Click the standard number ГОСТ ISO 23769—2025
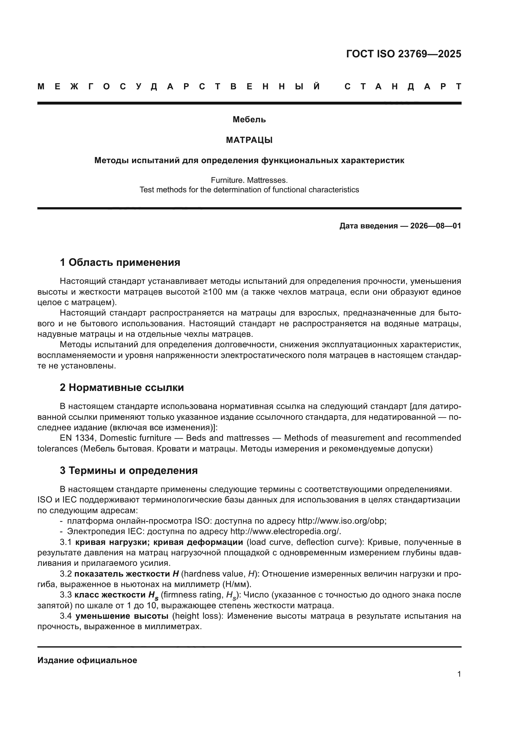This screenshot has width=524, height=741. click(x=403, y=54)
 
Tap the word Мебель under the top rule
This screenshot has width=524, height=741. click(x=249, y=120)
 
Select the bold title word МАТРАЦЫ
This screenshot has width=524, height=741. click(x=249, y=140)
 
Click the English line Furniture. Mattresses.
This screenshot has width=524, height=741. click(x=249, y=180)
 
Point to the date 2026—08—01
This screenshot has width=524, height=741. click(x=436, y=226)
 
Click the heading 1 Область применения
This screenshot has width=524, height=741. click(x=120, y=262)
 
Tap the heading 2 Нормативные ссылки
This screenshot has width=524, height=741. click(x=122, y=387)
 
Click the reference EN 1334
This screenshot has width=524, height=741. click(x=77, y=438)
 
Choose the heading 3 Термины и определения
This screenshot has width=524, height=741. click(x=128, y=470)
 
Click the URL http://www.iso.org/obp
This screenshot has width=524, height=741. click(x=342, y=521)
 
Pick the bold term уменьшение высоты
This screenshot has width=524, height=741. click(x=122, y=616)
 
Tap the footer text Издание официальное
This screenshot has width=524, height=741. click(x=87, y=660)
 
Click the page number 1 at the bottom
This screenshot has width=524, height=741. click(x=459, y=674)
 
